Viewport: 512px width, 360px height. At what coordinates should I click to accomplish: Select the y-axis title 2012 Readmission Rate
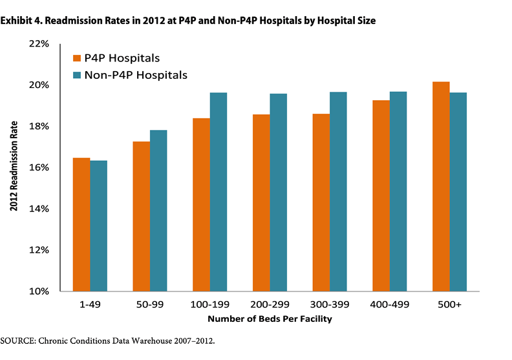(14, 167)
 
